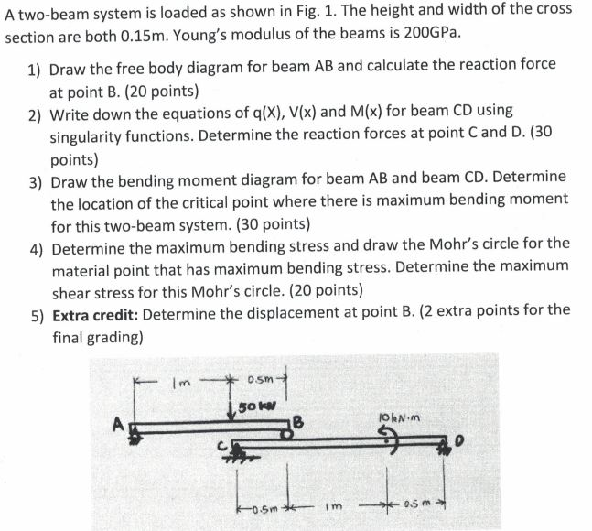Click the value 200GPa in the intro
point(428,34)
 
